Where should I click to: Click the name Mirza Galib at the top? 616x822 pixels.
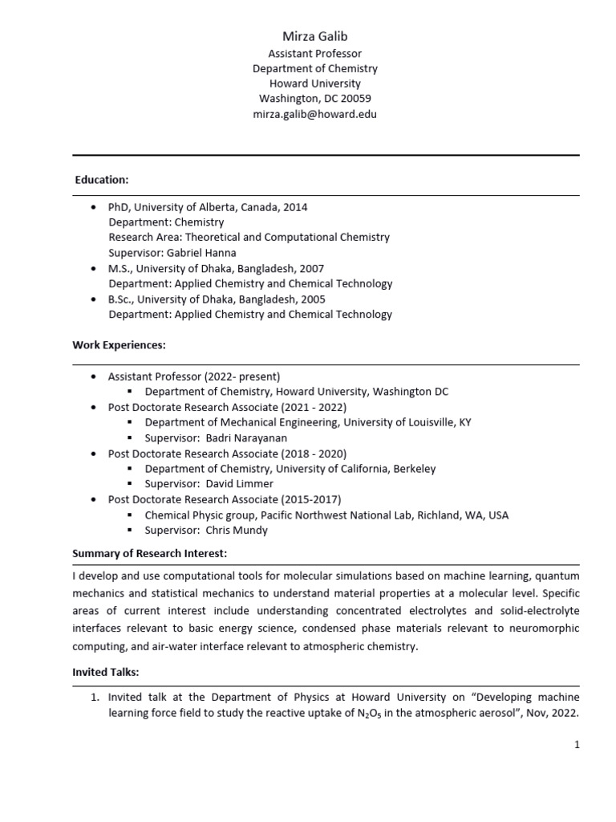[314, 36]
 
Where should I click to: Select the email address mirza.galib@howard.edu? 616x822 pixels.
[314, 114]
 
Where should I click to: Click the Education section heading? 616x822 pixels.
[102, 180]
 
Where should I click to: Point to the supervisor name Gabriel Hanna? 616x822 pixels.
[192, 253]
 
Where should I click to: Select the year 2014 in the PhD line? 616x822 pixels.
[294, 207]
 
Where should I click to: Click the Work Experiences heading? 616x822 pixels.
[119, 345]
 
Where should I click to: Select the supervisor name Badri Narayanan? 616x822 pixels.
[246, 437]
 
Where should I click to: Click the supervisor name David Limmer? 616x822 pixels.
[240, 484]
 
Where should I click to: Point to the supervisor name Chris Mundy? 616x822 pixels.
[239, 531]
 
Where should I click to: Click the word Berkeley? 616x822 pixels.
[411, 469]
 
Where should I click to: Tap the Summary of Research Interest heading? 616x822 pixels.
[150, 554]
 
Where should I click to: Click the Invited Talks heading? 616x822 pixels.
[106, 671]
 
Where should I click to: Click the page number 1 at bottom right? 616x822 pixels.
[576, 745]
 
